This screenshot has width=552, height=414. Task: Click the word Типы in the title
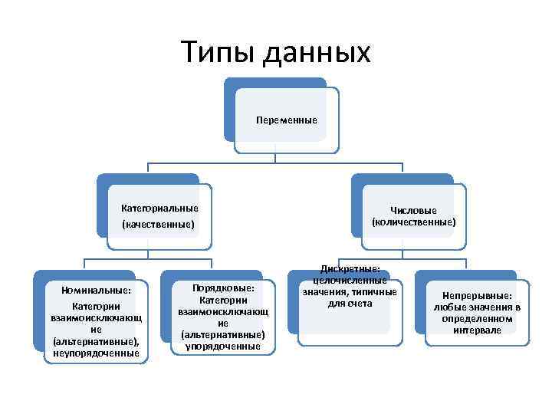(218, 52)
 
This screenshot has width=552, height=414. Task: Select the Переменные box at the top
(287, 120)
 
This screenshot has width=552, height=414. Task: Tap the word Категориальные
(159, 208)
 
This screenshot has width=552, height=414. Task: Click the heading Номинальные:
(96, 291)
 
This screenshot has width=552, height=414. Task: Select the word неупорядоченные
(96, 353)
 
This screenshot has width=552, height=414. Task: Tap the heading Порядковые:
(222, 287)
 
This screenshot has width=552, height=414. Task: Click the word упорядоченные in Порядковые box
(222, 347)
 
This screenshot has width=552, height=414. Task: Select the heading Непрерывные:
(477, 296)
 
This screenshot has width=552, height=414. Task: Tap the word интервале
(477, 330)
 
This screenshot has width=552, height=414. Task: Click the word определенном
(477, 318)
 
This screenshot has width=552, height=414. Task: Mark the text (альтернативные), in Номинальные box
(96, 341)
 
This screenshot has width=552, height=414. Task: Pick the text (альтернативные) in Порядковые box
(222, 335)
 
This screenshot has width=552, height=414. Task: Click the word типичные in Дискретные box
(371, 292)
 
